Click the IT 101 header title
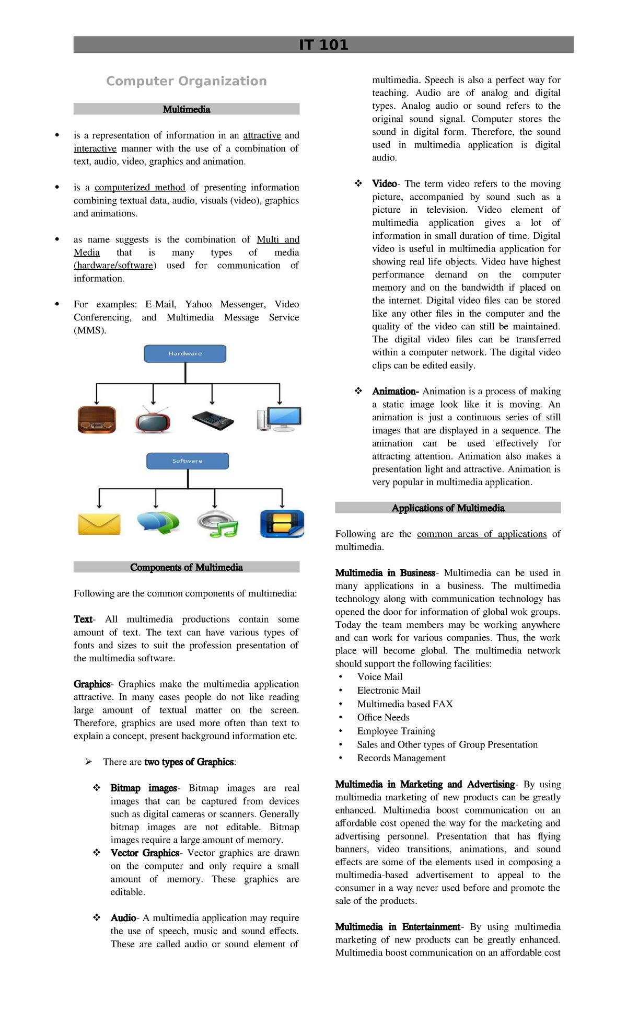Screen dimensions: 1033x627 tap(323, 45)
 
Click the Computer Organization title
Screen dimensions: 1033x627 tap(186, 81)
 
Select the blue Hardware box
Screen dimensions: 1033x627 tap(185, 353)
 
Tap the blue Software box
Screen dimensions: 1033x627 tap(187, 461)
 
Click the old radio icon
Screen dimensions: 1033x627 tap(97, 419)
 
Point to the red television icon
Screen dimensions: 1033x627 tap(153, 420)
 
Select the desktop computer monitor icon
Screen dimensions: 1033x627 tap(280, 419)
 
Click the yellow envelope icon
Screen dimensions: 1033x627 tap(99, 524)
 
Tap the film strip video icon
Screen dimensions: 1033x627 tap(282, 524)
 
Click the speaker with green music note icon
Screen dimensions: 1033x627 tap(218, 524)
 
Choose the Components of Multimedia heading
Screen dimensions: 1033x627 tap(186, 567)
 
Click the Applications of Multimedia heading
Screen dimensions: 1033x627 tap(448, 508)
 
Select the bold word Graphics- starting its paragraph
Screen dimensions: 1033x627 tap(92, 684)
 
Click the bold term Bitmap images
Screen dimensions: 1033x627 tap(144, 788)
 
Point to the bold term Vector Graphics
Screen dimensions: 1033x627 tap(145, 853)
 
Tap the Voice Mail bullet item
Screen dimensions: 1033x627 tap(380, 676)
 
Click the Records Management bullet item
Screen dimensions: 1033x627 tap(401, 758)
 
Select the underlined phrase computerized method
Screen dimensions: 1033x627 tap(140, 187)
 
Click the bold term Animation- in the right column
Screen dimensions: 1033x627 tap(395, 391)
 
